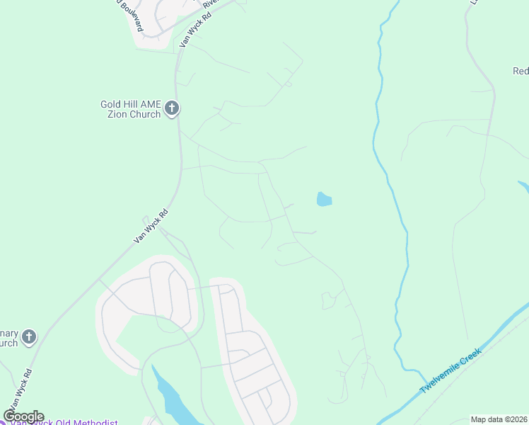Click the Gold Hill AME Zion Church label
click(131, 109)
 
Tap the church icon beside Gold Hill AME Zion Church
click(172, 109)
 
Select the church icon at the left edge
click(28, 336)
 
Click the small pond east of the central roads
click(324, 199)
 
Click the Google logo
click(24, 416)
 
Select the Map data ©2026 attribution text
click(499, 419)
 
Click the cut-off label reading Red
click(521, 71)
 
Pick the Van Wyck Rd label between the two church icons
click(152, 227)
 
